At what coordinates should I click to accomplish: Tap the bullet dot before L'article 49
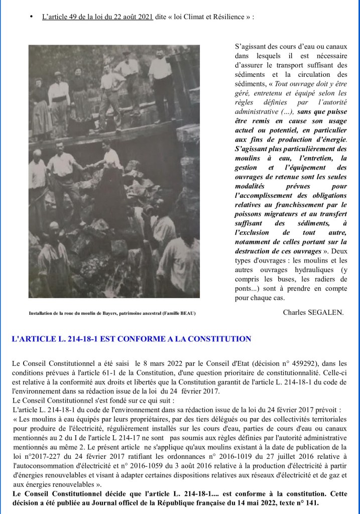[31, 17]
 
